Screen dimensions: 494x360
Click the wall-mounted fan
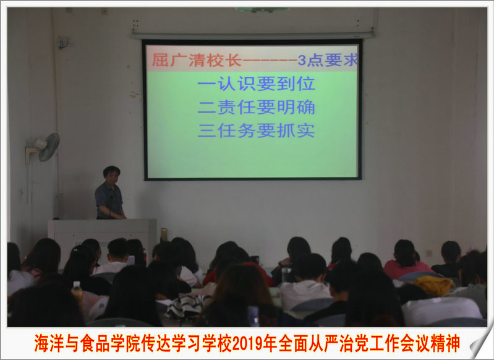pyautogui.click(x=44, y=148)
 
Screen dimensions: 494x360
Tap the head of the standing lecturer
pyautogui.click(x=111, y=175)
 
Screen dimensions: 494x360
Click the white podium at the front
pyautogui.click(x=102, y=236)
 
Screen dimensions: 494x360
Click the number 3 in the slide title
pyautogui.click(x=302, y=60)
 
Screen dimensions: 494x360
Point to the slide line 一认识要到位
pyautogui.click(x=256, y=84)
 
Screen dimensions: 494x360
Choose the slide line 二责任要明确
pyautogui.click(x=256, y=107)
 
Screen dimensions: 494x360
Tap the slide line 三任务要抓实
pyautogui.click(x=256, y=131)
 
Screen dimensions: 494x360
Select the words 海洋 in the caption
pyautogui.click(x=49, y=343)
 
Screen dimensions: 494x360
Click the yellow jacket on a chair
pyautogui.click(x=435, y=285)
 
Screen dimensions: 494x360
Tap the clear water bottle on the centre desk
pyautogui.click(x=286, y=275)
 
